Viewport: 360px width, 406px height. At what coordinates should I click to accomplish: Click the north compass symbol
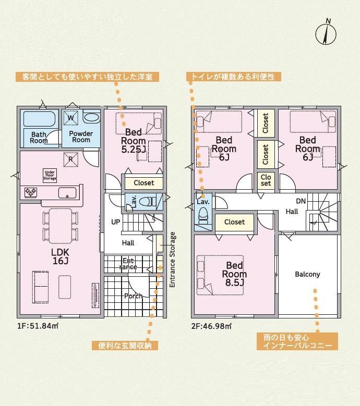coord(326,33)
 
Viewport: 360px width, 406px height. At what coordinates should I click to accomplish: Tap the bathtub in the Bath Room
coord(39,119)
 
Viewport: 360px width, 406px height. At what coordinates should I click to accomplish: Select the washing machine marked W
coord(71,118)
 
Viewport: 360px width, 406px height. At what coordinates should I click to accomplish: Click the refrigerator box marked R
coord(71,159)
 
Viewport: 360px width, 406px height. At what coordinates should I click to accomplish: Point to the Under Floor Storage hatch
coord(50,176)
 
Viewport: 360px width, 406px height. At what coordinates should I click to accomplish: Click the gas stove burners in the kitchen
coord(31,192)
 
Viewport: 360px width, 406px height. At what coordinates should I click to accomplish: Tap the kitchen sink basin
coord(67,193)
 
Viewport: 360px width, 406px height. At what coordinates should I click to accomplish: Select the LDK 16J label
coord(60,256)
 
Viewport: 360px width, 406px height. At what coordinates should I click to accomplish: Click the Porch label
coord(133,296)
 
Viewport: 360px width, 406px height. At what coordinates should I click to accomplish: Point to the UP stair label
coord(116,222)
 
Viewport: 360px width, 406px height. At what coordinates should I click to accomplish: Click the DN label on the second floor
coord(301,201)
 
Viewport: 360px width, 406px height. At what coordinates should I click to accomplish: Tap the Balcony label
coord(307,274)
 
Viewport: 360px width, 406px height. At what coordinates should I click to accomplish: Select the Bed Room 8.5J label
coord(234,274)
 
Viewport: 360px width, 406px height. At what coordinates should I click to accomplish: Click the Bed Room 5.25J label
coord(133,141)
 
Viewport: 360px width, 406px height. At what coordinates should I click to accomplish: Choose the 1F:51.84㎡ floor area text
coord(38,326)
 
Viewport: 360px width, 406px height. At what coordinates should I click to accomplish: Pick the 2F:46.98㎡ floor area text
coord(211,326)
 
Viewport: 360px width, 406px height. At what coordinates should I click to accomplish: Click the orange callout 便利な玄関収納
coord(125,346)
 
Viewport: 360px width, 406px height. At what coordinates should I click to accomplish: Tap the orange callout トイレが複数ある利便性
coord(234,77)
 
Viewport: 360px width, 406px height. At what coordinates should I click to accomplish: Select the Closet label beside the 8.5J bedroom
coord(235,222)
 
